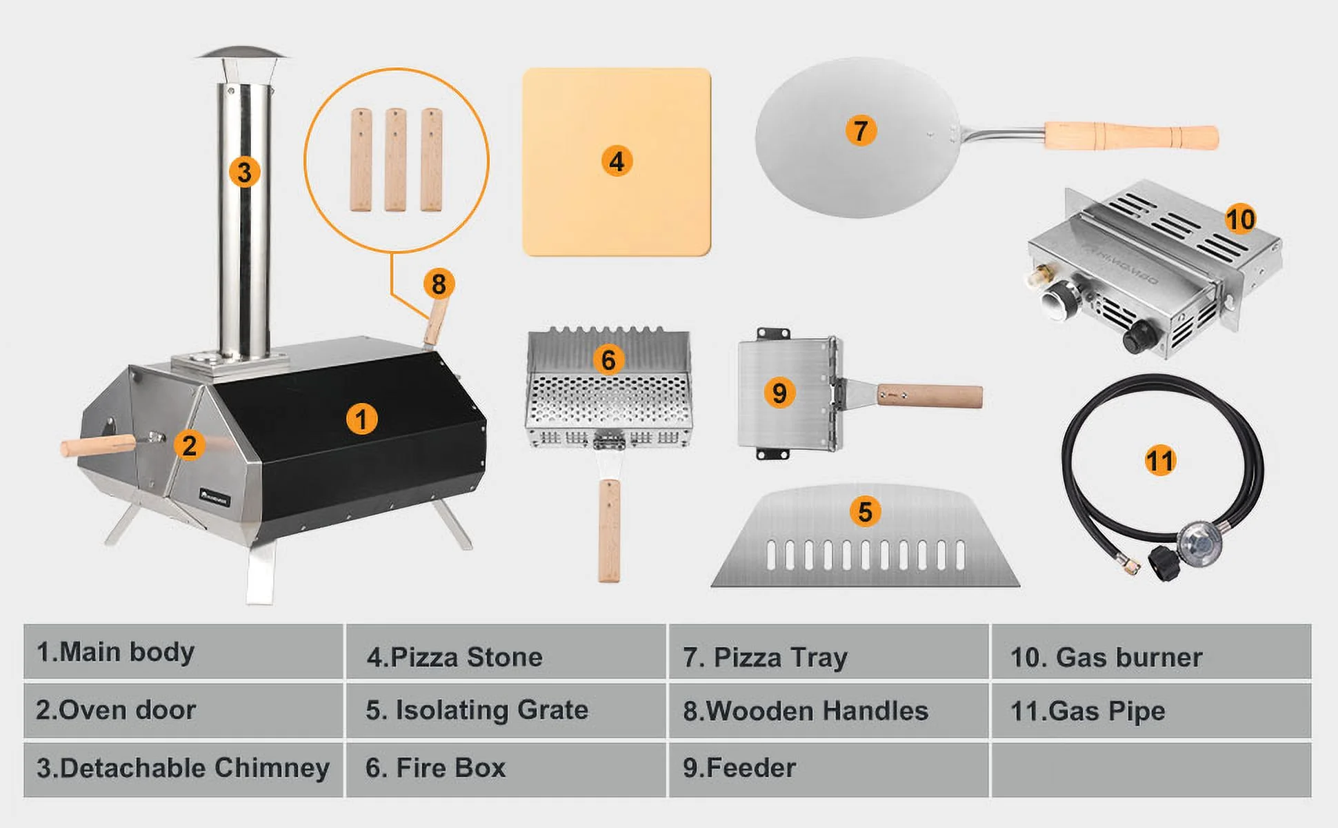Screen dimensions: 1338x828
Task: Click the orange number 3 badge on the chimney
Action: tap(245, 171)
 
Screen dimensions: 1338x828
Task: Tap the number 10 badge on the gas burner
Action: tap(1240, 219)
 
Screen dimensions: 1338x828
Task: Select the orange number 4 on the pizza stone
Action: tap(617, 161)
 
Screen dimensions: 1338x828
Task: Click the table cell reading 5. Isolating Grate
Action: tap(506, 711)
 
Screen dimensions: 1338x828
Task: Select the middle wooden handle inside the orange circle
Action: tap(395, 159)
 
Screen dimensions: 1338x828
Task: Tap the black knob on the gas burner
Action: tap(1137, 337)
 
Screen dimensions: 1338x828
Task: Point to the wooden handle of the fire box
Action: tap(609, 531)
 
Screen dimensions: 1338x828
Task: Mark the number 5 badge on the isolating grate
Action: tap(865, 512)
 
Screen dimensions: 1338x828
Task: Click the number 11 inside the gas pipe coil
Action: tap(1159, 460)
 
